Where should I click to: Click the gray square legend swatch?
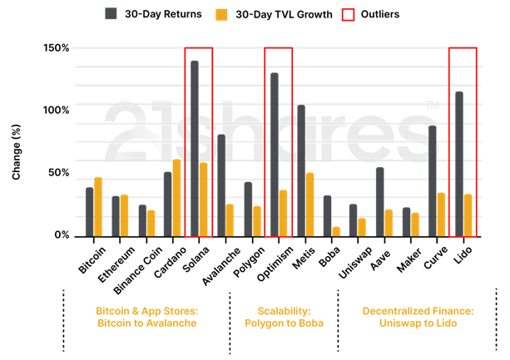111,14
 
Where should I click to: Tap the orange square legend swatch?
221,14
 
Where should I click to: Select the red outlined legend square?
348,14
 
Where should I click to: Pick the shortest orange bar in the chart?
336,231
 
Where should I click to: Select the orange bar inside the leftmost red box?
203,200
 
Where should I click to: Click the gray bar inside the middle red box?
274,155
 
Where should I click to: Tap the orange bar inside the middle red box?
283,213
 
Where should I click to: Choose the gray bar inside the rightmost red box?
458,164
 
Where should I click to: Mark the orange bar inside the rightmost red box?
468,215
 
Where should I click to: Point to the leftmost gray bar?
89,211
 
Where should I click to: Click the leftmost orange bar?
98,206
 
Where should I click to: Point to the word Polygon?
260,323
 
